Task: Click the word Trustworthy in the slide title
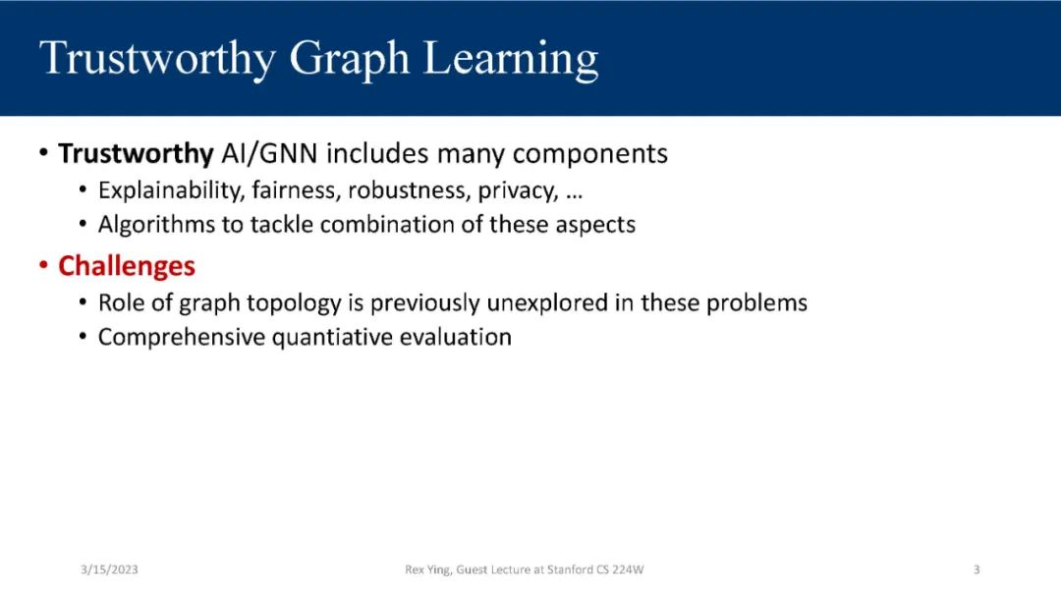tap(157, 59)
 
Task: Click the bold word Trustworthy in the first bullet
tap(136, 154)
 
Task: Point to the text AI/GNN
tap(269, 153)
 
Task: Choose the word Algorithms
tap(156, 225)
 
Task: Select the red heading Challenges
tap(127, 266)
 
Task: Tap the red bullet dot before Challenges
tap(43, 264)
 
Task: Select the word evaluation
tap(456, 337)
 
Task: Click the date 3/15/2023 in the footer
tap(109, 569)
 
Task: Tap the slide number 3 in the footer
tap(977, 569)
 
